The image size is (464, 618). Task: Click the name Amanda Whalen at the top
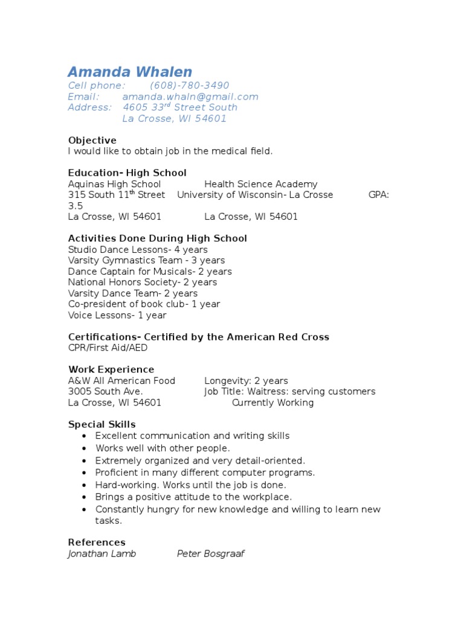pos(130,72)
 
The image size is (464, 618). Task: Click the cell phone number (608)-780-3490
pos(189,86)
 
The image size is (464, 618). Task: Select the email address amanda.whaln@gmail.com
pos(190,97)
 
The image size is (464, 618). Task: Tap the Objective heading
pos(92,141)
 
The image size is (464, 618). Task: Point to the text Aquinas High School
pos(114,184)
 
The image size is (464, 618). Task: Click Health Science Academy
pos(260,184)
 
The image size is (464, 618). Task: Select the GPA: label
pos(379,195)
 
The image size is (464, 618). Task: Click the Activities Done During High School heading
pos(157,238)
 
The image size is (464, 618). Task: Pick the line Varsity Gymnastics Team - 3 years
pos(146,260)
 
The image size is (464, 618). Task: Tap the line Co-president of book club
pos(144,304)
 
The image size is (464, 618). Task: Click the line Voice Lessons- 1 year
pos(117,315)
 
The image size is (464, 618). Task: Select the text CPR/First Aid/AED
pos(108,348)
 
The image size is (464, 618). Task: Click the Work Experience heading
pos(111,369)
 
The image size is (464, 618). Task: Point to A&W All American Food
pos(121,381)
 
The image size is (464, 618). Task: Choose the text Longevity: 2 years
pos(246,381)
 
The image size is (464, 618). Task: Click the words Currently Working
pos(272,403)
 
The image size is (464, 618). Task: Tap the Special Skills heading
pos(101,424)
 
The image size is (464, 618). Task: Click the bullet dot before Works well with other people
pos(83,448)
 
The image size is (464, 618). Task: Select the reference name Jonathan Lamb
pos(101,553)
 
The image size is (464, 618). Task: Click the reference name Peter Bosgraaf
pos(210,553)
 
